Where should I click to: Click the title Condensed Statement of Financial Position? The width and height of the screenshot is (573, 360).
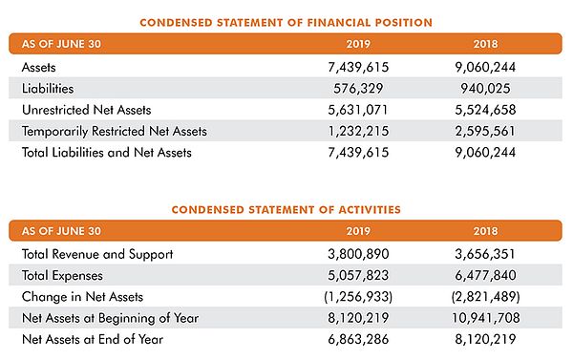(286, 22)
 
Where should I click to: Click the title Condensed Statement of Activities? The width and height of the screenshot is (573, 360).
(286, 209)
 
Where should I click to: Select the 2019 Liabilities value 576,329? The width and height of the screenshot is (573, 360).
(359, 89)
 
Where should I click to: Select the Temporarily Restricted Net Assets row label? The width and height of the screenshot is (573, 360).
(114, 131)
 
